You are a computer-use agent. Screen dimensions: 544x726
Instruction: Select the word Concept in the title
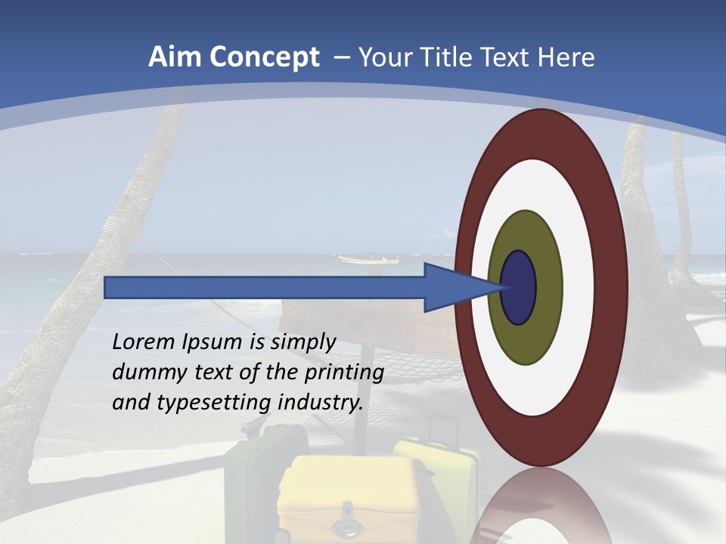(x=265, y=57)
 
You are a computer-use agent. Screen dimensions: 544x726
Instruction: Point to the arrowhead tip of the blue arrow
(x=505, y=287)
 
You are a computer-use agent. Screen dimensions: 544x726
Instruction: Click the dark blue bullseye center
(x=519, y=288)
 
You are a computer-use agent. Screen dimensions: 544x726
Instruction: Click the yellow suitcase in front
(x=348, y=499)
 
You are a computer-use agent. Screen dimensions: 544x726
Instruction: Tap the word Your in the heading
(x=383, y=57)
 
